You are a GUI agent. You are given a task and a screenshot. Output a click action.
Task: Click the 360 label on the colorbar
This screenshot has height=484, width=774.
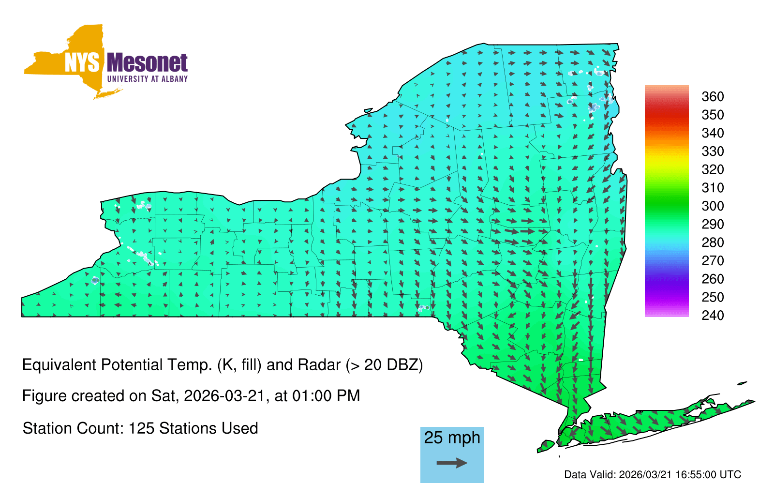pos(713,96)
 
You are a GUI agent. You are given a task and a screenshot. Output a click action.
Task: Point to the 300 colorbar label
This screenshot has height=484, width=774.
pos(713,206)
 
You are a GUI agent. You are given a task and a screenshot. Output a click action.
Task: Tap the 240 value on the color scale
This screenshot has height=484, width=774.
pos(713,315)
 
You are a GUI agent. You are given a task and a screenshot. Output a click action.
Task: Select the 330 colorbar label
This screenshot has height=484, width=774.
pos(713,151)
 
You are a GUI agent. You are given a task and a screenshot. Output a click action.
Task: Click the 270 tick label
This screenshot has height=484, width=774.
pos(713,261)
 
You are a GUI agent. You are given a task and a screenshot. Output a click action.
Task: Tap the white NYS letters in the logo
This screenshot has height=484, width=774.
pos(82,62)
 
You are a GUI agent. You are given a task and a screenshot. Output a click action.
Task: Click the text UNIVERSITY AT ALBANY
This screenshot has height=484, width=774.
pos(147,79)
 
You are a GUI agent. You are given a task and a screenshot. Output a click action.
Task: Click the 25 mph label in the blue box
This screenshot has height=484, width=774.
pos(452,438)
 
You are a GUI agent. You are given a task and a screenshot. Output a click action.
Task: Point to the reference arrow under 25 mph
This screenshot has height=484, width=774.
pos(452,463)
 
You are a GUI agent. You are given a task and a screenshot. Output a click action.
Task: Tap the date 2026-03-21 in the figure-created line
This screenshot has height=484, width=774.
pos(224,396)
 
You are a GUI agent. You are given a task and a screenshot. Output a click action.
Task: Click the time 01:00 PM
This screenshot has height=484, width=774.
pos(326,396)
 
